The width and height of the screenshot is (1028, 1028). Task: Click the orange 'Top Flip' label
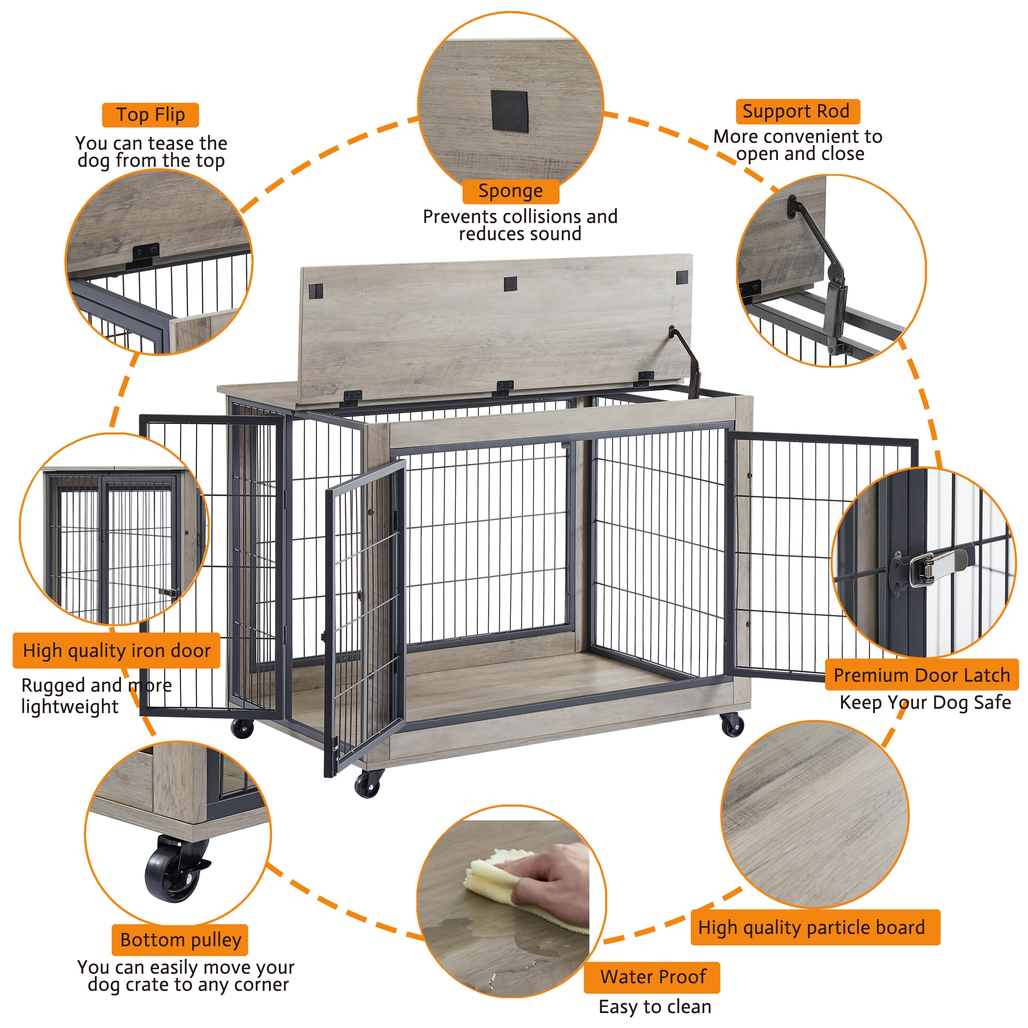[x=150, y=115]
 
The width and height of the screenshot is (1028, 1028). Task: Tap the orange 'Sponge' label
[x=510, y=191]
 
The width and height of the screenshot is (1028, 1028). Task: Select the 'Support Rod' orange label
[x=797, y=111]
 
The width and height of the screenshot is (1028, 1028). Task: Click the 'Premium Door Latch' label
[x=921, y=675]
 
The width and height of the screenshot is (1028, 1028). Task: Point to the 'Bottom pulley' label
[x=180, y=940]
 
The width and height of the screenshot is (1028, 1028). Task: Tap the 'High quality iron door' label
[x=116, y=650]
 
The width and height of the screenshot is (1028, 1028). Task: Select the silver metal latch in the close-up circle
[x=932, y=565]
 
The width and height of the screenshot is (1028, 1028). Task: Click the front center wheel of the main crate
[x=368, y=785]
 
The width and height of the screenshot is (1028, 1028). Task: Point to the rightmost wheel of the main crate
[x=731, y=725]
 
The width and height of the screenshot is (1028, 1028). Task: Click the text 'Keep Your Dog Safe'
[x=925, y=702]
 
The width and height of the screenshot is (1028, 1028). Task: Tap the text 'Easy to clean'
[x=654, y=1007]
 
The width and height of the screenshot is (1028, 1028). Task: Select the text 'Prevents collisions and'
[x=520, y=216]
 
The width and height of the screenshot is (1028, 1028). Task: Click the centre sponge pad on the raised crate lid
[x=510, y=284]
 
